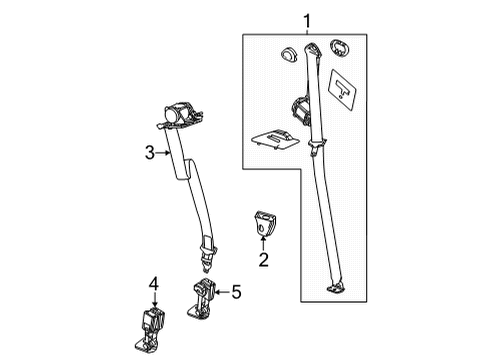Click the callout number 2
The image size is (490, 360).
coord(264,262)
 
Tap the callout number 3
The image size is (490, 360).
coord(148,152)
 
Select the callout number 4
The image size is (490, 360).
coord(155,285)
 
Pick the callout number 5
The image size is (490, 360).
coord(236,292)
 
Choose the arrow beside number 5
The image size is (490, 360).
coord(223,292)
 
